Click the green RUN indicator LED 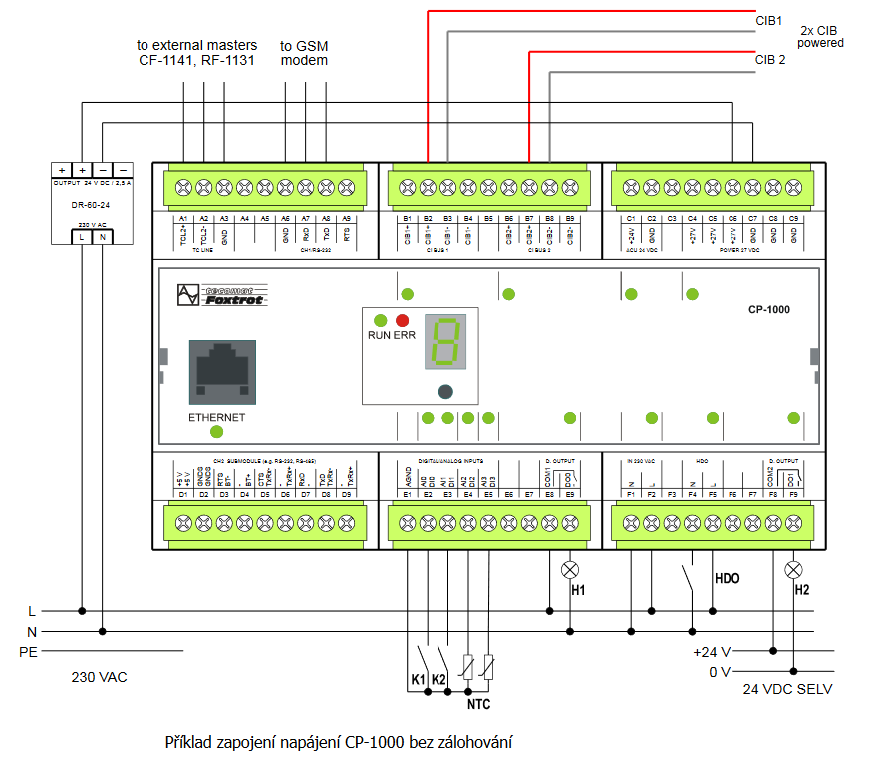pyautogui.click(x=380, y=320)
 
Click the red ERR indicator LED pyautogui.click(x=403, y=320)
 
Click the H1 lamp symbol pyautogui.click(x=570, y=570)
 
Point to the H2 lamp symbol pyautogui.click(x=793, y=570)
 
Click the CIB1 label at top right pyautogui.click(x=768, y=20)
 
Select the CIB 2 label pyautogui.click(x=770, y=60)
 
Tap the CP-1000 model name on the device pyautogui.click(x=769, y=310)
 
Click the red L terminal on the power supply pyautogui.click(x=82, y=236)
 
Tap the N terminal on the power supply pyautogui.click(x=103, y=236)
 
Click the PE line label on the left pyautogui.click(x=28, y=652)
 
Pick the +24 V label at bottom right pyautogui.click(x=712, y=652)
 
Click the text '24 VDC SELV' pyautogui.click(x=787, y=689)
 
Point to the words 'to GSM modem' pyautogui.click(x=304, y=53)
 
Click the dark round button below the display pyautogui.click(x=445, y=391)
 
